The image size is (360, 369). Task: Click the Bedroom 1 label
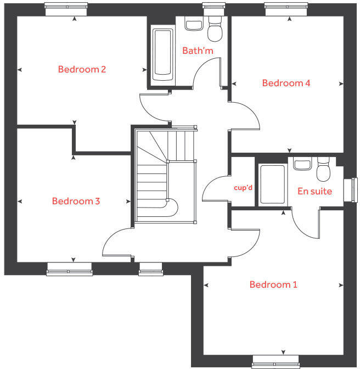(x=273, y=284)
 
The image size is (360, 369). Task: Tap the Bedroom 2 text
(x=82, y=69)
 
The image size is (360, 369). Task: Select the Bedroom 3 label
(x=76, y=201)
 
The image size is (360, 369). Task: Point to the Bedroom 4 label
(x=286, y=83)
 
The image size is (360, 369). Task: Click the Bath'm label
(x=198, y=51)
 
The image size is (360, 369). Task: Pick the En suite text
(x=314, y=191)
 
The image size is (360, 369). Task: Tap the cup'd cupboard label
(x=243, y=188)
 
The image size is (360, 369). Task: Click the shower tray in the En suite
(x=272, y=185)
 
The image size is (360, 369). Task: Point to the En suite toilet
(x=324, y=169)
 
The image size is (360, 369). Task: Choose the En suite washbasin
(x=302, y=163)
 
